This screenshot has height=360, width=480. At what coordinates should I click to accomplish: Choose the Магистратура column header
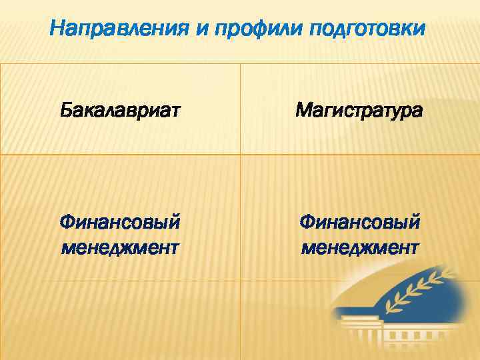coord(359,110)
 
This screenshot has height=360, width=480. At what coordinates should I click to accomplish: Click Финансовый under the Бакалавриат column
coord(120,221)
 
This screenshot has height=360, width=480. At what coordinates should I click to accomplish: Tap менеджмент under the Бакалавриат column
coord(120,249)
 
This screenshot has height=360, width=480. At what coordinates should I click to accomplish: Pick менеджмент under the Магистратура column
coord(360,249)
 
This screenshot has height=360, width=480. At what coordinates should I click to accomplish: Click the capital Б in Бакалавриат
coord(65,109)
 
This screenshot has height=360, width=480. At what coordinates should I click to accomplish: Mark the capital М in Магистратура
coord(303,109)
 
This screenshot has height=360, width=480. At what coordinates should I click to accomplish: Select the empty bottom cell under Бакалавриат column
coord(120,320)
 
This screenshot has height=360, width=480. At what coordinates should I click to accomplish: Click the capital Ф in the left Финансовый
coord(67,221)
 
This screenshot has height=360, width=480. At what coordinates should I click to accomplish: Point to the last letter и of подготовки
coord(420,30)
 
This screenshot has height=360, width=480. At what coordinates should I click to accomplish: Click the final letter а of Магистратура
coord(417,111)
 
